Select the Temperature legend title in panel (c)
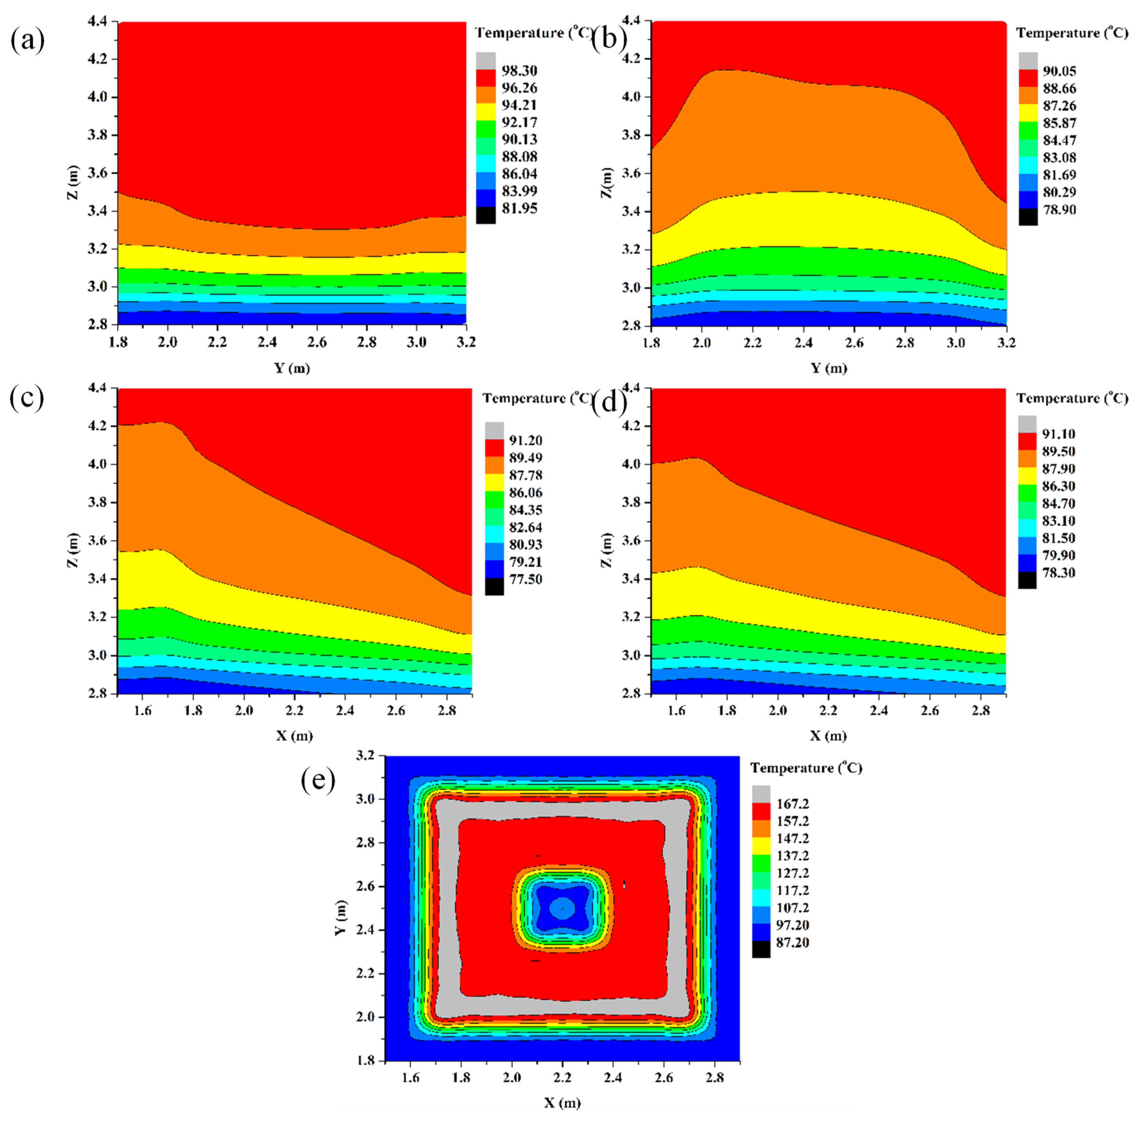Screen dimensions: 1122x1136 (x=538, y=399)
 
